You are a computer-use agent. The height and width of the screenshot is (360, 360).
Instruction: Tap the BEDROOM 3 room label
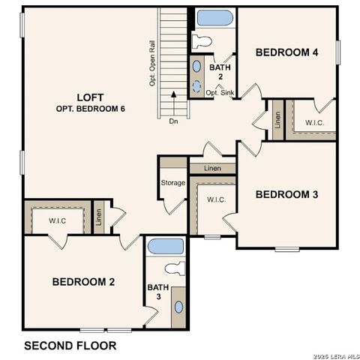286,195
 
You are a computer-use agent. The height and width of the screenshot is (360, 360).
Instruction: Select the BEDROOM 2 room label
83,282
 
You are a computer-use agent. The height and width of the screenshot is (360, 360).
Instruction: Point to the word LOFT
90,97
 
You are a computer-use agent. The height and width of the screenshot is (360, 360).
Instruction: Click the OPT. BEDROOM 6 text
91,109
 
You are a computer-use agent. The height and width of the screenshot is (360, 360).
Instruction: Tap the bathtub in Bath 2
215,17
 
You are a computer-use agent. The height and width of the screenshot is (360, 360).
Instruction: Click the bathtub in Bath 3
165,246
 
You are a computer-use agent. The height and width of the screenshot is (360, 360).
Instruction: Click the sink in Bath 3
178,307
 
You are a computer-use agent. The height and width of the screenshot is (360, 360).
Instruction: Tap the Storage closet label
172,183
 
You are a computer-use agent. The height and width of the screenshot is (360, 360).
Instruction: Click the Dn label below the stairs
173,121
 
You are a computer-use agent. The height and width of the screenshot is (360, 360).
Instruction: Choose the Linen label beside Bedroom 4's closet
277,120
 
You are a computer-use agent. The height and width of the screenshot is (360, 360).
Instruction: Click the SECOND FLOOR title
70,346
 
